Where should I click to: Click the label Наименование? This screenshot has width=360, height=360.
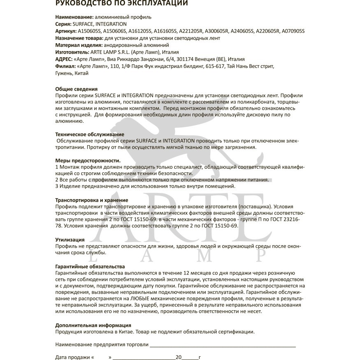(74, 17)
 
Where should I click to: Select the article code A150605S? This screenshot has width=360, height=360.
(89, 31)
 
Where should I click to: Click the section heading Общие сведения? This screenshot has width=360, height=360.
(77, 89)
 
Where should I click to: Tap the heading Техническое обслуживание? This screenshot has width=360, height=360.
(89, 134)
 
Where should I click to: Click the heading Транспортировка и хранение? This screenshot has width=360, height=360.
(88, 200)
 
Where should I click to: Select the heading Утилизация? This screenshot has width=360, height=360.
(70, 239)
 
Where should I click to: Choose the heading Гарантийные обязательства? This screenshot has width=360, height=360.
(90, 266)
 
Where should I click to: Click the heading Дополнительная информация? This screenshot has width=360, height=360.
(93, 325)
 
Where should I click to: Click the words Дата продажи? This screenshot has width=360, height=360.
(72, 357)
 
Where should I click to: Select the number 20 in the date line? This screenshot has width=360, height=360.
(178, 357)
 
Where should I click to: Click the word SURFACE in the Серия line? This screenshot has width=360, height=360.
(81, 24)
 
